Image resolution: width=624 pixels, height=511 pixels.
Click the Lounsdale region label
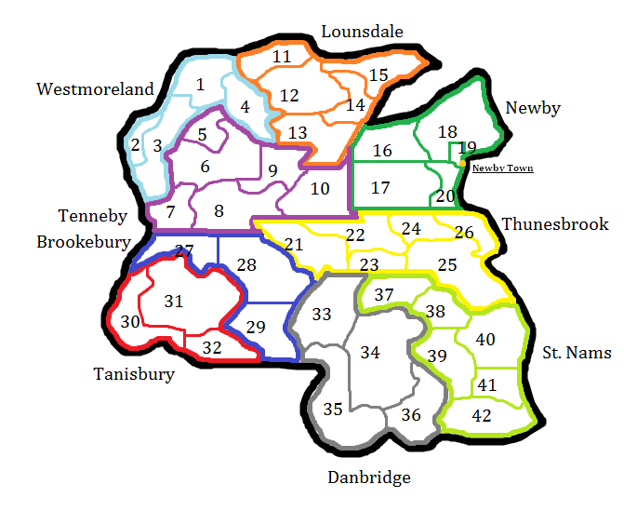(x=362, y=33)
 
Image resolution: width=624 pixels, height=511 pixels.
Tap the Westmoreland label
(x=95, y=89)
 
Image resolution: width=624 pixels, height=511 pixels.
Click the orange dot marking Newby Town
(x=462, y=165)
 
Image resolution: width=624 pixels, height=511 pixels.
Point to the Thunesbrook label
(x=554, y=223)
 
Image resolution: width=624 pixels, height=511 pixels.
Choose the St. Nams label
(x=577, y=352)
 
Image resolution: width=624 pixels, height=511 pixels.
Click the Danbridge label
(x=368, y=477)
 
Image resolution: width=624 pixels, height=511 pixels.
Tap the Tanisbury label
(x=134, y=375)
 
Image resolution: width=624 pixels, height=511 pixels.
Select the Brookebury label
(x=83, y=242)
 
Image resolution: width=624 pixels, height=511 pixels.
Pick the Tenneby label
(x=93, y=217)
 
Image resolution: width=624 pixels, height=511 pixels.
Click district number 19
(x=467, y=148)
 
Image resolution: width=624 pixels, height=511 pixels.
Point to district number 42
(x=481, y=415)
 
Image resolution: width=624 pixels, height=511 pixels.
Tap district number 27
(x=184, y=250)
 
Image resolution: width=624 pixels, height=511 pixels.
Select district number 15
(x=378, y=75)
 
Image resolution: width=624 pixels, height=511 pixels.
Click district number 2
(x=136, y=145)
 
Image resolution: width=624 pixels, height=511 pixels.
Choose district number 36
(x=410, y=415)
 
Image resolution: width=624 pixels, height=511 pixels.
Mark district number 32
(x=212, y=348)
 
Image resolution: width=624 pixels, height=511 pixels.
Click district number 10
(x=319, y=189)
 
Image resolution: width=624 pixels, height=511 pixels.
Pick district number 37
(x=384, y=295)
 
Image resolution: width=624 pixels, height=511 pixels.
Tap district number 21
(x=295, y=245)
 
